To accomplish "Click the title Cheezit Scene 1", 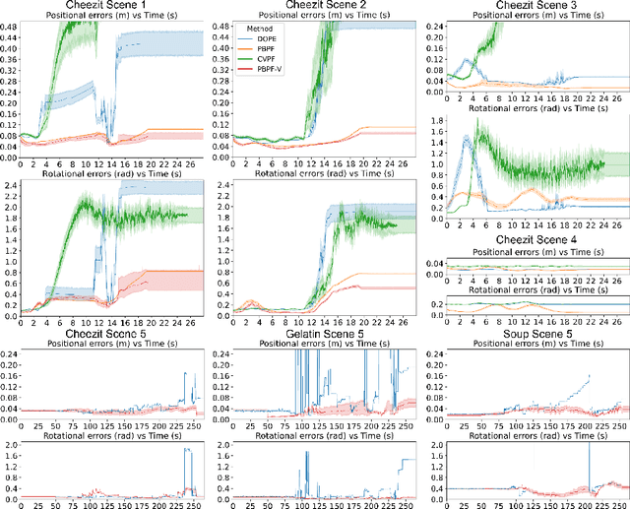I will point(105,7).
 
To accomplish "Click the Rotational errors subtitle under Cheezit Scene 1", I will point(105,173).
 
